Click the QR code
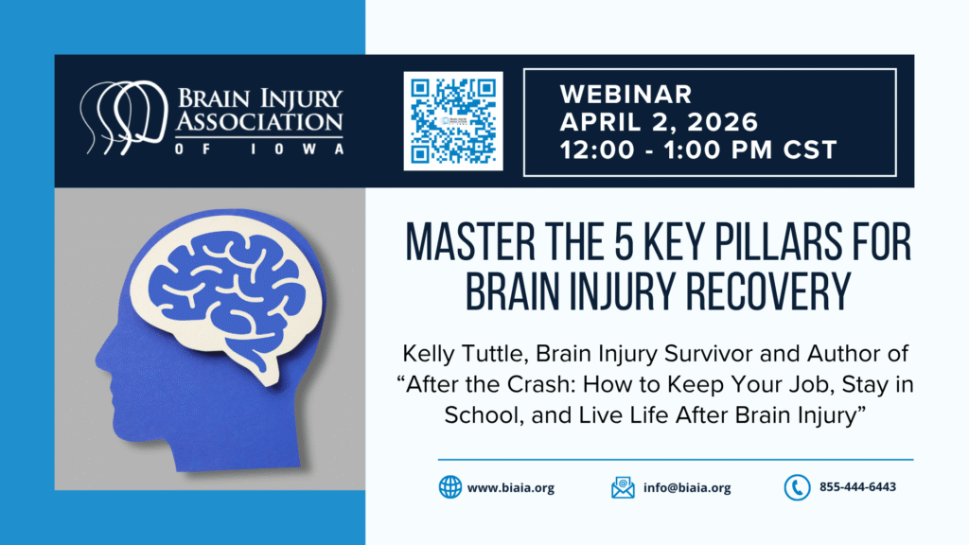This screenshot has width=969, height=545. (453, 121)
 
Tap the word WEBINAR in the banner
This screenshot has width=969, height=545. (626, 95)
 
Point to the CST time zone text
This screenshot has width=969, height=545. (810, 150)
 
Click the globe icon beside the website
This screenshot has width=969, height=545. (449, 487)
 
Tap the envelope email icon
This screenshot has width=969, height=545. (623, 487)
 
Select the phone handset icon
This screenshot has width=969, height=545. (797, 487)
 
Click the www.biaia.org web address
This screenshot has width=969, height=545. (510, 488)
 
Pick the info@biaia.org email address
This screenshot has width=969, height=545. (687, 487)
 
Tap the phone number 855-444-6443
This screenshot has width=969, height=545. (857, 487)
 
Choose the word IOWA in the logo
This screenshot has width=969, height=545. (296, 149)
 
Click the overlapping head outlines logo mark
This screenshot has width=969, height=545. (124, 117)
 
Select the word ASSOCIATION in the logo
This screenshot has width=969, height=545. (259, 122)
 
